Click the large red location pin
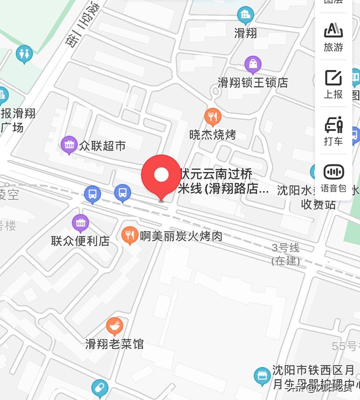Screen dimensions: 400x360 (x=161, y=175)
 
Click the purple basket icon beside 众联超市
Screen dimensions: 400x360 (x=69, y=145)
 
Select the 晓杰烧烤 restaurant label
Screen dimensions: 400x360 (x=212, y=135)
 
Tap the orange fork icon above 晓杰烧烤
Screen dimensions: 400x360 (x=212, y=116)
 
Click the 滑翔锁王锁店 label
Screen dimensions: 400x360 (x=253, y=83)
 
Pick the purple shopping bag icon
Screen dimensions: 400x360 (x=253, y=64)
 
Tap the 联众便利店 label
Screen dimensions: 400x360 (x=80, y=241)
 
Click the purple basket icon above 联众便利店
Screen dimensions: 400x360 (x=80, y=223)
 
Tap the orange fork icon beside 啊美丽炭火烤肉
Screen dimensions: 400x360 (x=129, y=235)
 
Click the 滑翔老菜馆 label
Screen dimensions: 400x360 (x=114, y=344)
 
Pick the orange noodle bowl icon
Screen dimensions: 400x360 (x=114, y=326)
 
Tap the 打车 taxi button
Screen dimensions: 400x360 (x=334, y=130)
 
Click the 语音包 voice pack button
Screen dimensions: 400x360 (x=334, y=178)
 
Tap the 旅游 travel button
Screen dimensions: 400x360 (x=334, y=37)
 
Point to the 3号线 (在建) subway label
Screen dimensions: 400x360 (x=286, y=254)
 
